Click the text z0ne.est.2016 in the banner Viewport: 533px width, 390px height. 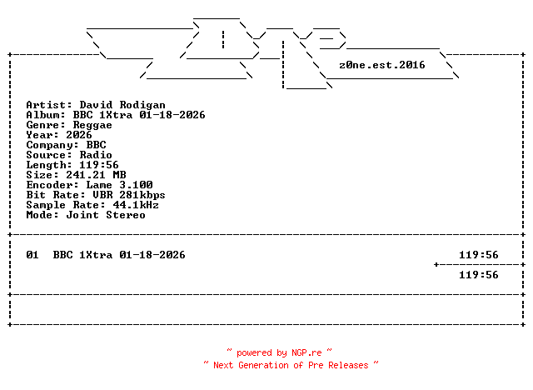(x=382, y=65)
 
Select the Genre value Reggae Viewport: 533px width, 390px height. (x=99, y=125)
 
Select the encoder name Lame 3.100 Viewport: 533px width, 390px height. (x=116, y=185)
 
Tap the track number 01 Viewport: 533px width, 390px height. (x=32, y=255)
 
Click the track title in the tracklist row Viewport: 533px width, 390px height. (x=119, y=255)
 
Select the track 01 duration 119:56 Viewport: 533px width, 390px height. (x=479, y=255)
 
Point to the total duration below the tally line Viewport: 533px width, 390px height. (x=479, y=275)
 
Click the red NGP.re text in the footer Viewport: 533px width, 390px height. (x=306, y=353)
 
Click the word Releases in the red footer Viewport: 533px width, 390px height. (x=347, y=365)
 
